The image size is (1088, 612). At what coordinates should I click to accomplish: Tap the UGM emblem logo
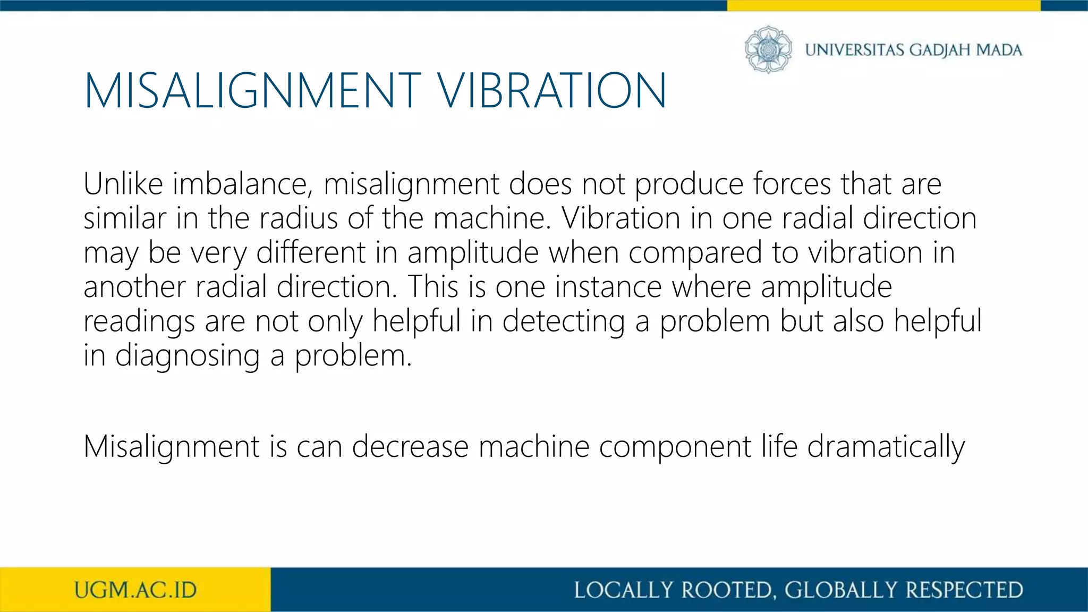pos(768,49)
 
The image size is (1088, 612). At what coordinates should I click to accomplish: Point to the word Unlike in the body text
pos(123,184)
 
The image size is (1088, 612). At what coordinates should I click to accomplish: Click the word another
pos(134,287)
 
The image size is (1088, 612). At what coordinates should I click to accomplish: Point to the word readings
pos(139,322)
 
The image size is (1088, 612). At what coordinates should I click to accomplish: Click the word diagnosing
pos(188,356)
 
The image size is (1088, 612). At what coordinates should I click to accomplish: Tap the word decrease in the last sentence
pos(410,446)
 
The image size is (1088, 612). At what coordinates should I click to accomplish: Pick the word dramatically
pos(886,447)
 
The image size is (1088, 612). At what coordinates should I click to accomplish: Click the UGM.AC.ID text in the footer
pos(135,590)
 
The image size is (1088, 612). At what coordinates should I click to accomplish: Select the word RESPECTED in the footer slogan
pos(964,590)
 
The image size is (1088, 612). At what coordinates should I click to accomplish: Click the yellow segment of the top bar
pos(883,5)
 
